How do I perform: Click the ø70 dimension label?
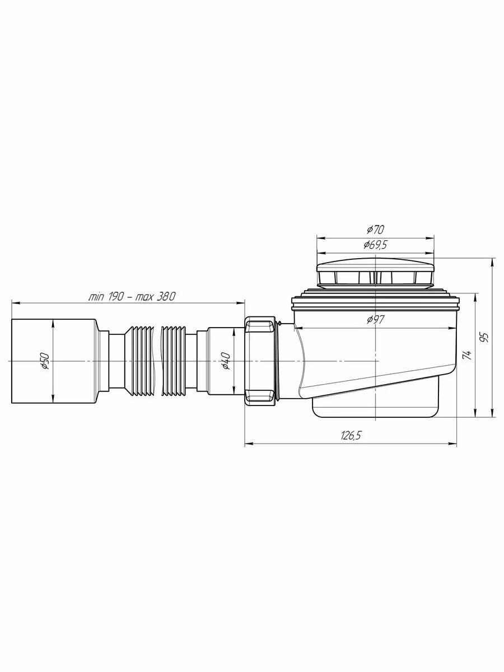click(x=375, y=229)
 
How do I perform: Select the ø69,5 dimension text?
click(x=375, y=245)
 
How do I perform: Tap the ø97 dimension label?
click(x=375, y=320)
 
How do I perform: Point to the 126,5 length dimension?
click(x=351, y=435)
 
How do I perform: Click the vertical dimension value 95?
click(x=484, y=337)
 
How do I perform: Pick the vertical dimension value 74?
click(x=467, y=355)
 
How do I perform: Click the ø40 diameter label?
click(x=226, y=361)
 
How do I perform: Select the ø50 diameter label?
click(x=45, y=361)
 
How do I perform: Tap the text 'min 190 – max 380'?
click(x=132, y=296)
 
